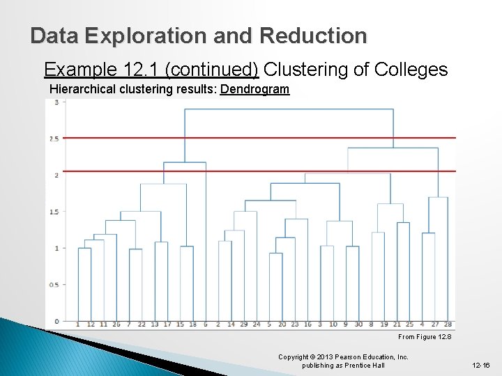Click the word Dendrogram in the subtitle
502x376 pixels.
click(254, 89)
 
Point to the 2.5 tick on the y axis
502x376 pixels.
click(54, 139)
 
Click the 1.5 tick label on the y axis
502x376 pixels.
click(54, 212)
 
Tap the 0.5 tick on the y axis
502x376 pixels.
click(54, 285)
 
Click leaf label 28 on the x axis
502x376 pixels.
click(448, 324)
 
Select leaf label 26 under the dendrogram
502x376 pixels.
click(116, 324)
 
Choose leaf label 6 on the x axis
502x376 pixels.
click(205, 324)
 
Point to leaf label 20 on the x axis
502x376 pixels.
click(282, 324)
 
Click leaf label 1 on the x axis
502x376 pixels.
click(78, 324)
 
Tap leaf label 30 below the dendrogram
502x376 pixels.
click(358, 324)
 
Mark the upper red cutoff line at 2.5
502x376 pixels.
click(279, 138)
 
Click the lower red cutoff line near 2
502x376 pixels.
click(279, 171)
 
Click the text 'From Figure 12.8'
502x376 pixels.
click(425, 337)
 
